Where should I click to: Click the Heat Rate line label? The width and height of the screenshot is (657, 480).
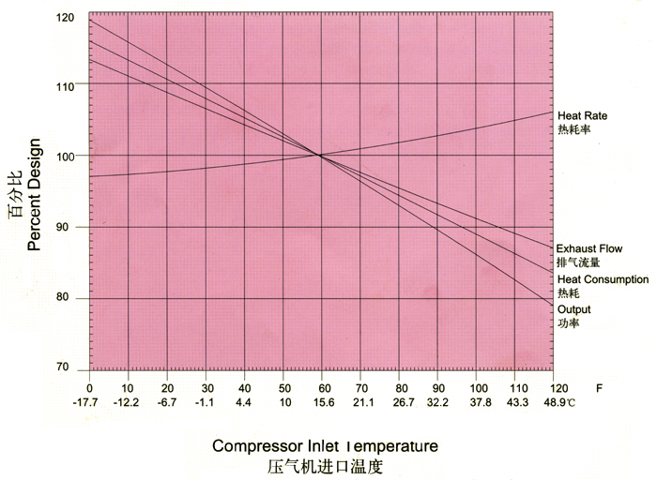(582, 115)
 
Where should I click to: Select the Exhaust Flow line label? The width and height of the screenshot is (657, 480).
(588, 248)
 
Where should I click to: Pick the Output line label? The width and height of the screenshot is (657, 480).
(573, 309)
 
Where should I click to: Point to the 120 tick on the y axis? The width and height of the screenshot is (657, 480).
(65, 18)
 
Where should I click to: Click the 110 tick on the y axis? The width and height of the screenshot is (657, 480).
(65, 86)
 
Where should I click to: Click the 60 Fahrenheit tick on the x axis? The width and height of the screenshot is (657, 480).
(322, 387)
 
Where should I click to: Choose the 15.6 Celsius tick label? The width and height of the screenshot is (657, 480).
(322, 402)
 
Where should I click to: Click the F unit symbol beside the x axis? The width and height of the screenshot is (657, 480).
(599, 387)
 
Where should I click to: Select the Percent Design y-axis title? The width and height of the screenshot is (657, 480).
(35, 194)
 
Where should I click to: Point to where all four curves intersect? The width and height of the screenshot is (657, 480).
(319, 155)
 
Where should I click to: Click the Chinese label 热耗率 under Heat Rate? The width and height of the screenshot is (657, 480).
(573, 129)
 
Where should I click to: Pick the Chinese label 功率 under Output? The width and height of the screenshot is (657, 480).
(568, 323)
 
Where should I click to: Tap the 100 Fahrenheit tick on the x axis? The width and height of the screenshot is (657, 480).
(477, 387)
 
